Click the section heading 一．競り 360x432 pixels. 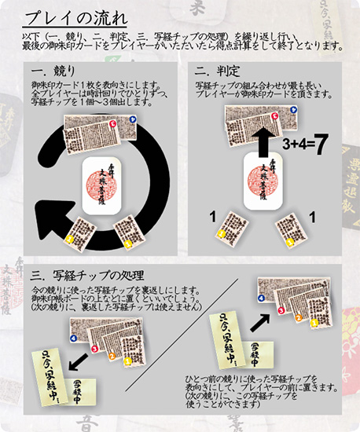(51, 73)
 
